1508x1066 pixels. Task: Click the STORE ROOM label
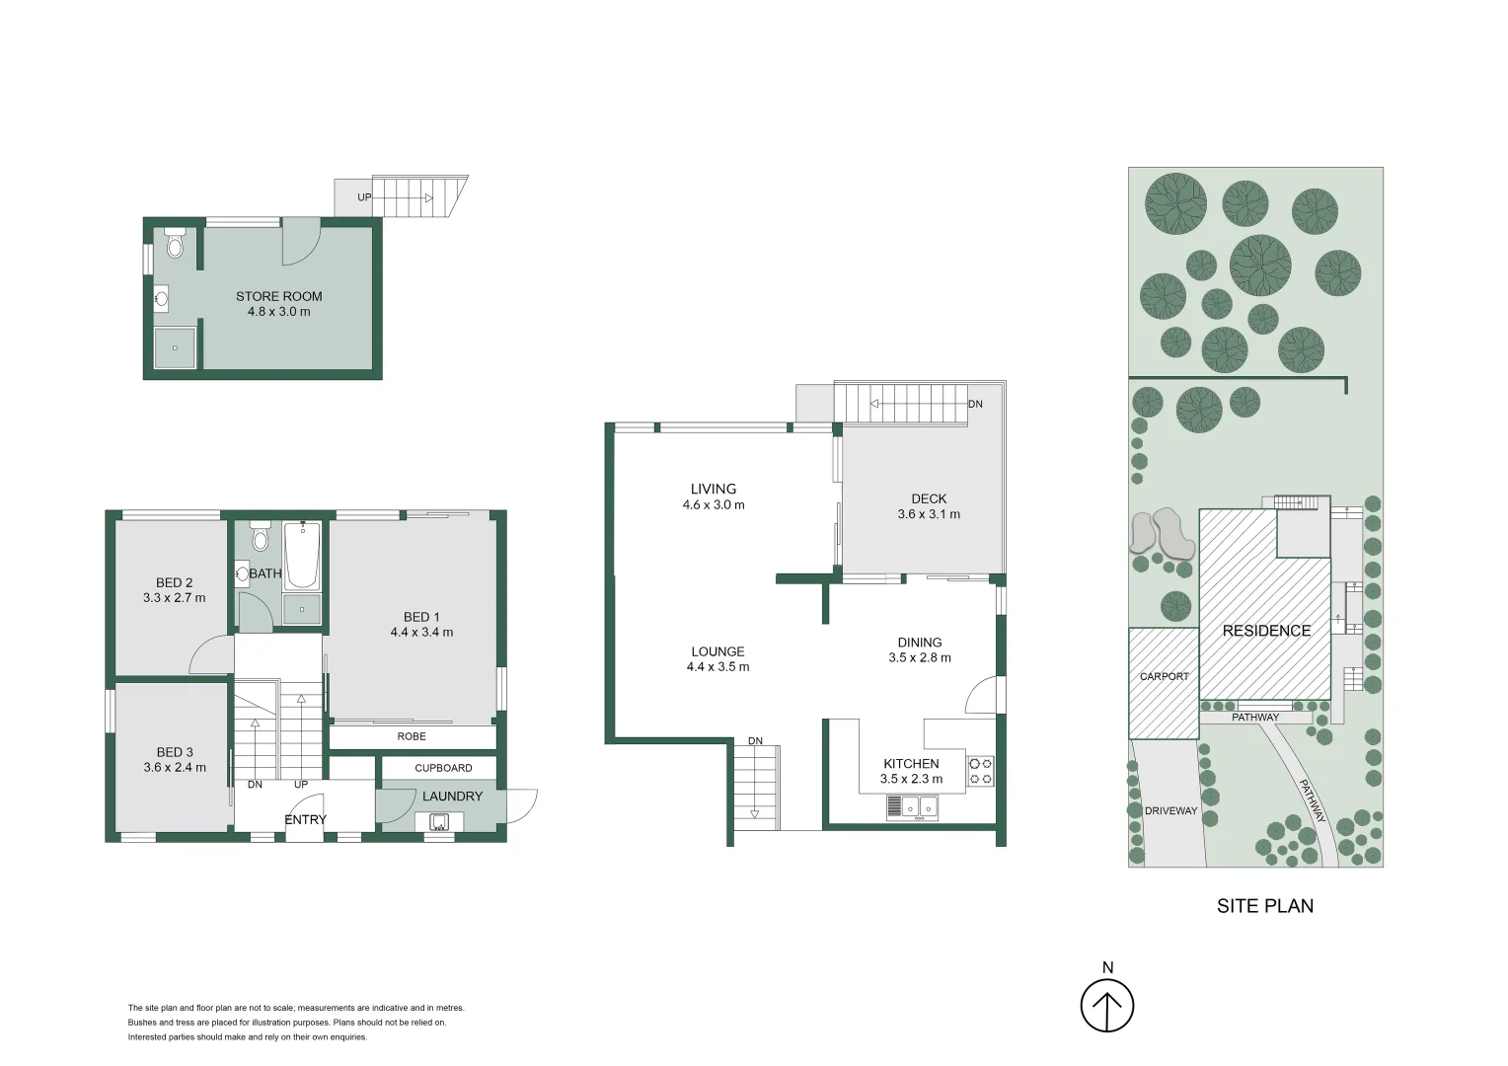(x=278, y=296)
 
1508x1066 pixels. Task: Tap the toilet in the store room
(x=175, y=243)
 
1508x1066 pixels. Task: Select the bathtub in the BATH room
(x=302, y=556)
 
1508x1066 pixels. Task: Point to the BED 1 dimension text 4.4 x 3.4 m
(x=421, y=633)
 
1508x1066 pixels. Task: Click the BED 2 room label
(x=175, y=582)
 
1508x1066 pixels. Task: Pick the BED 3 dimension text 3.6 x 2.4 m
(x=175, y=767)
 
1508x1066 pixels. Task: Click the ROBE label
(x=412, y=736)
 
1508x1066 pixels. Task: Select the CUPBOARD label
(x=443, y=768)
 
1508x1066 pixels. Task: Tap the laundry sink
(x=439, y=822)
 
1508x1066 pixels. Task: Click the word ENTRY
(x=305, y=819)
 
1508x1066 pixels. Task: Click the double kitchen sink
(x=920, y=806)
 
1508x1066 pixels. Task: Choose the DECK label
(x=929, y=499)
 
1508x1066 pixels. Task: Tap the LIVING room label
(x=714, y=489)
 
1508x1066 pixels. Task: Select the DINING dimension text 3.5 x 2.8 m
(x=920, y=658)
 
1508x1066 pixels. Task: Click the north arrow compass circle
(x=1107, y=1007)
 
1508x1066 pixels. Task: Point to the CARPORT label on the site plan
(x=1164, y=676)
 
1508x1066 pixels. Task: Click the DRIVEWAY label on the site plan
(x=1170, y=810)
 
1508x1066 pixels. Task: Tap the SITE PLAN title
(x=1265, y=906)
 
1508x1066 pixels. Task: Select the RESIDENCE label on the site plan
(x=1266, y=631)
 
